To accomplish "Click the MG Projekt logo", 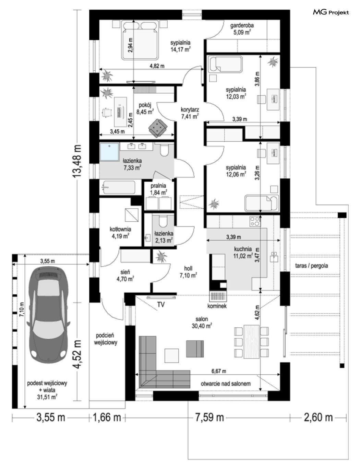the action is pos(331,12).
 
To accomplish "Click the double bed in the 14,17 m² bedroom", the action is pos(140,40).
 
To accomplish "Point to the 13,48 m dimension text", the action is pos(77,161).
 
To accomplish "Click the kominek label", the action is pos(217,306).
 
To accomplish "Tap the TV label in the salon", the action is pos(161,305).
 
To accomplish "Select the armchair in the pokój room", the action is pos(158,128).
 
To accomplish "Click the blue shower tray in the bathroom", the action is pos(109,152).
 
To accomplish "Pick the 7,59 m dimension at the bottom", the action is pos(209,418).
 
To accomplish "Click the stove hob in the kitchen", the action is pos(255,221).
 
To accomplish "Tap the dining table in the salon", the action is pos(252,342).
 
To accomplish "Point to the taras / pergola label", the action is pos(311,266).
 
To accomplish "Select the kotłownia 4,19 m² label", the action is pos(120,233).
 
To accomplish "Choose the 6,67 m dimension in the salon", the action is pos(219,371).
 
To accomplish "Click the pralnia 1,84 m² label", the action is pos(158,189).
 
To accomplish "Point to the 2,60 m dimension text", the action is pos(318,418).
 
